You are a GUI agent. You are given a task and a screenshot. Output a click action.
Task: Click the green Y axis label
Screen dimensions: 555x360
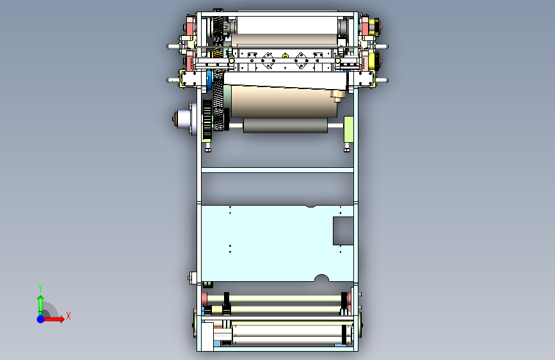(x=40, y=288)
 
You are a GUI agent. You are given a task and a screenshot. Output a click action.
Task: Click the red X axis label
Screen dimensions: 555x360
(x=68, y=316)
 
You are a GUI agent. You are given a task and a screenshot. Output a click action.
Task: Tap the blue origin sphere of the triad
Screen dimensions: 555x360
(x=41, y=319)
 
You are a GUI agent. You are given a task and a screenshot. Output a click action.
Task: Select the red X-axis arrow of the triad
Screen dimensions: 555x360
(x=53, y=319)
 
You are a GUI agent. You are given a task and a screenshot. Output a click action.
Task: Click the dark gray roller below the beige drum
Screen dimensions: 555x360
(x=286, y=126)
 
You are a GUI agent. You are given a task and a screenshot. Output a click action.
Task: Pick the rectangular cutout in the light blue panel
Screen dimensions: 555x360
(x=343, y=231)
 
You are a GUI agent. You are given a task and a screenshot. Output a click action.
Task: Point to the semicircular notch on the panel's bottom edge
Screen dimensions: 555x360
(x=321, y=278)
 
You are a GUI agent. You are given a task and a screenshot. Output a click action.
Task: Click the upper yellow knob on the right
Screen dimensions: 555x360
(x=374, y=26)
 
